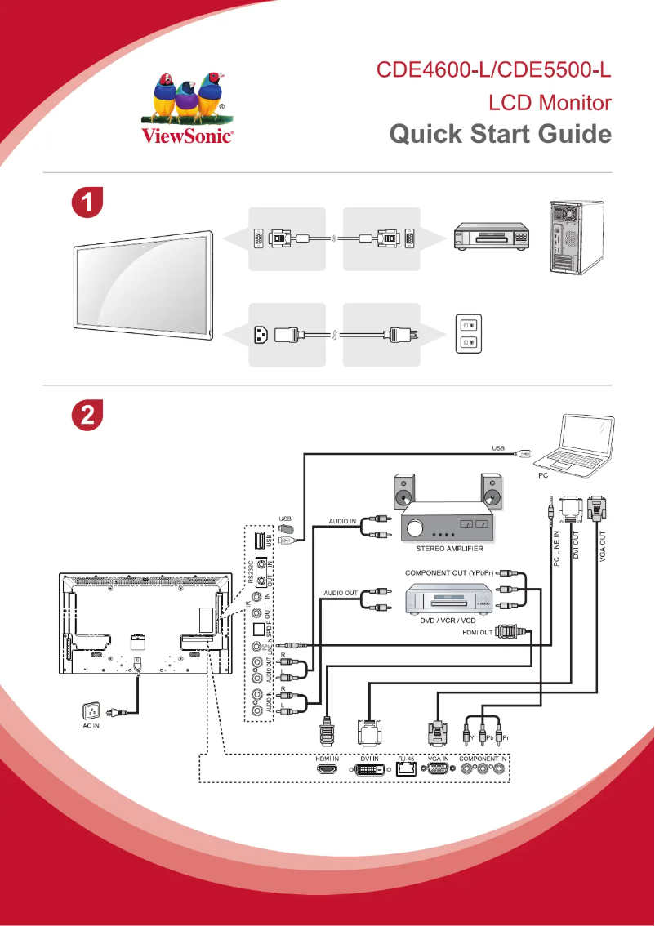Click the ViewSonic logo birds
pos(189,96)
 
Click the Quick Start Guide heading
pos(500,134)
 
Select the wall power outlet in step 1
pos(468,334)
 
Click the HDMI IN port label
pos(327,758)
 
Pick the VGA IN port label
pos(438,758)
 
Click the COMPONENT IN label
pos(483,758)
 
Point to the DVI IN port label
pos(369,758)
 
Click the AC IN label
pos(91,725)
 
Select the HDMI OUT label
pos(477,631)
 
